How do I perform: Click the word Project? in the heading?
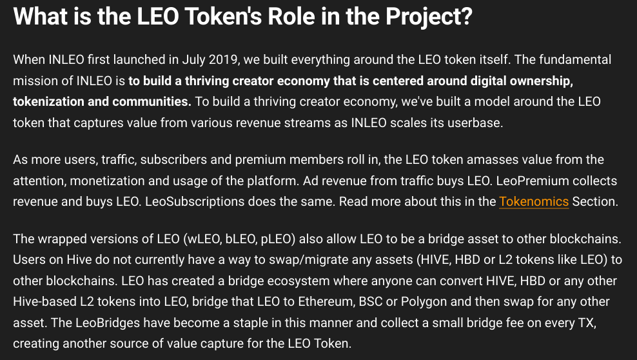(x=429, y=17)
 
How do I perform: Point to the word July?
(x=193, y=60)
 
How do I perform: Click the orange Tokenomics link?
(x=534, y=201)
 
